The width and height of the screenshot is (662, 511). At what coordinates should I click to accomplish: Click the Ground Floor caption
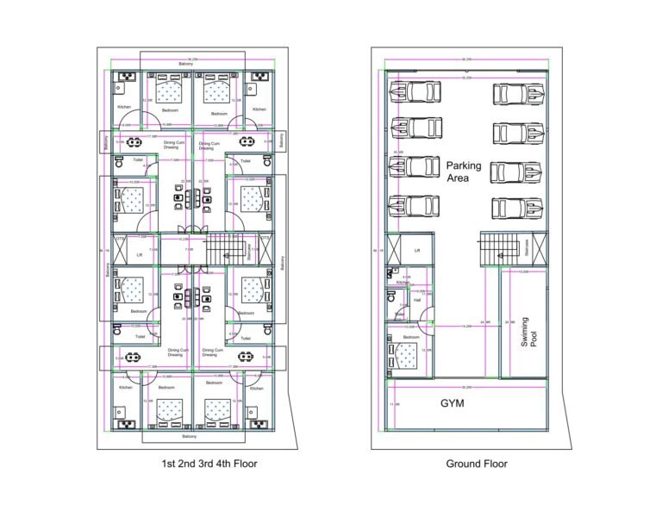click(x=476, y=464)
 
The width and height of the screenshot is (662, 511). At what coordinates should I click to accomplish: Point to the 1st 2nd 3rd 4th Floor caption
click(x=209, y=464)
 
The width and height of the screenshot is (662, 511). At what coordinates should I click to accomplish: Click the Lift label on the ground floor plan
click(x=416, y=251)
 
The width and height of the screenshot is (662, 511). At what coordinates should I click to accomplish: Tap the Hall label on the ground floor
click(x=417, y=300)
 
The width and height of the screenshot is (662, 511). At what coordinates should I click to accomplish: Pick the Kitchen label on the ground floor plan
click(x=403, y=282)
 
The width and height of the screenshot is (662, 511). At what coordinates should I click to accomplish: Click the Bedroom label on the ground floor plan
click(x=412, y=337)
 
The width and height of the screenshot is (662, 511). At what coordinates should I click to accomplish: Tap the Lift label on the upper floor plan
click(x=140, y=255)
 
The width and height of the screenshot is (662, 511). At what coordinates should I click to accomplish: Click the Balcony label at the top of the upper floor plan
click(x=185, y=65)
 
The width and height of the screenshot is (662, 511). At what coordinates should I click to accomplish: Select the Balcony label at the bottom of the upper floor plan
click(x=186, y=437)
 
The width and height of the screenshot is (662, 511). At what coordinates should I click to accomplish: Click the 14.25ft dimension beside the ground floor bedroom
click(x=465, y=327)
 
